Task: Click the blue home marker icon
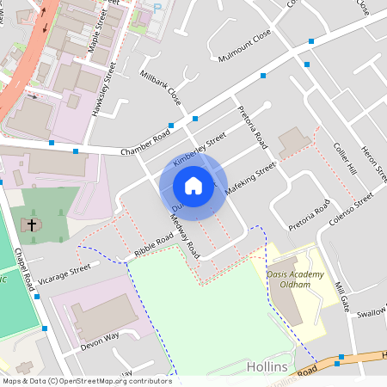pos(193,186)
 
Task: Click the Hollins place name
pos(267,366)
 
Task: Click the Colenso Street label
pos(353,210)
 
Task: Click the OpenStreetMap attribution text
pos(86,380)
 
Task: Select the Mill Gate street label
pos(341,298)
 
